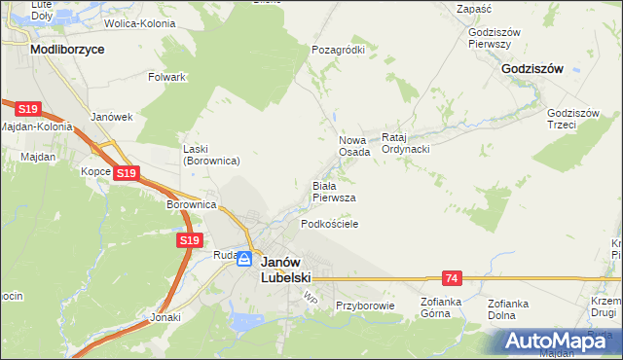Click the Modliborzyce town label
67,48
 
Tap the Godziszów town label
533,69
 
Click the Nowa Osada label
354,146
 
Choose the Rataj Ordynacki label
406,143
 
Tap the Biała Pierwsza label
333,191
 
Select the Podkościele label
330,224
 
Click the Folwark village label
166,76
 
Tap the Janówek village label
111,117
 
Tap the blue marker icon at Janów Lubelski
244,259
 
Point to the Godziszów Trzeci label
574,118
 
